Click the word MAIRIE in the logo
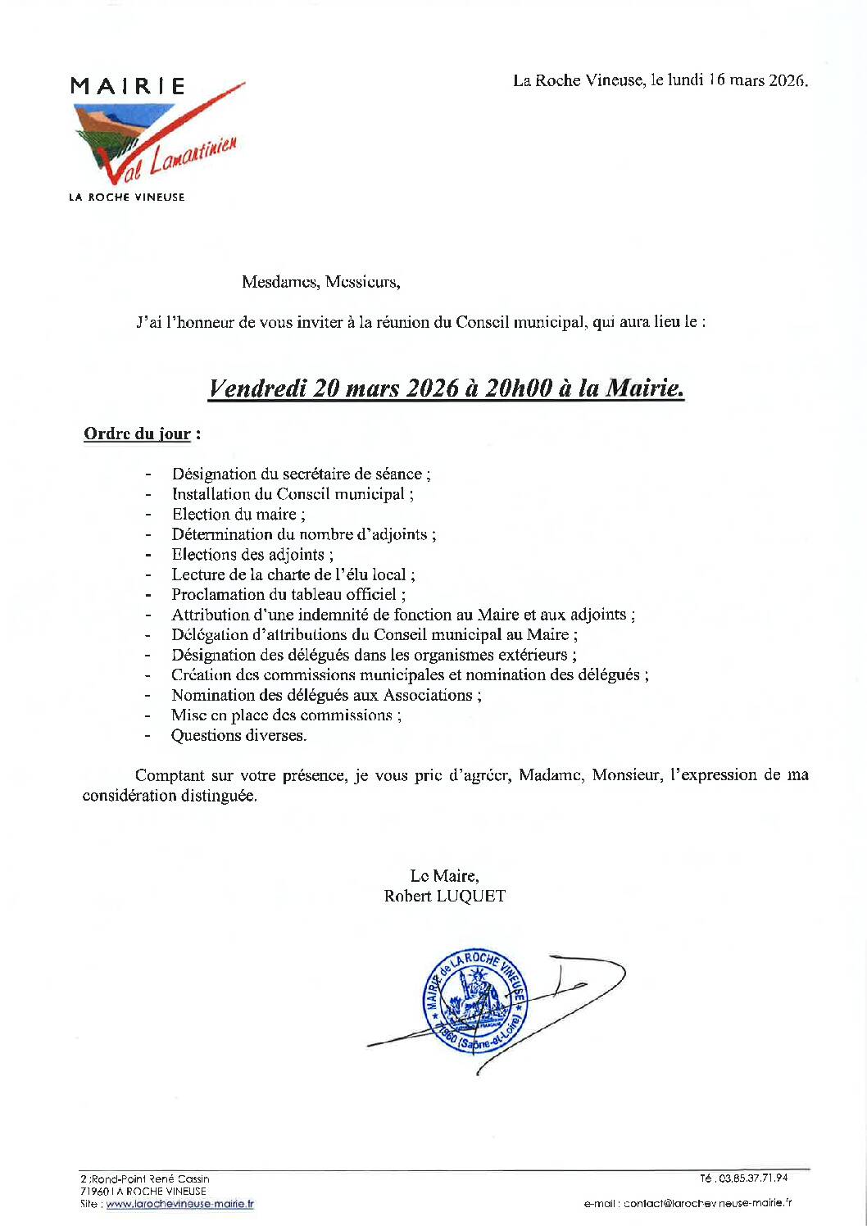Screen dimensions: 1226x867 pos(128,86)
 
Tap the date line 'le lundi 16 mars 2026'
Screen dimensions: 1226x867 pos(729,80)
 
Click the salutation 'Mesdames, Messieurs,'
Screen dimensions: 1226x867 pos(320,282)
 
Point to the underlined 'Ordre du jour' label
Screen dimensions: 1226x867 pos(137,434)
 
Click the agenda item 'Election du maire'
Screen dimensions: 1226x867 pos(238,514)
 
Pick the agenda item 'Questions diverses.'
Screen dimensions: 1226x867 pos(238,735)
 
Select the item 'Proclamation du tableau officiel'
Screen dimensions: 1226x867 pos(288,594)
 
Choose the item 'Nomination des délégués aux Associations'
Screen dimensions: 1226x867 pos(325,695)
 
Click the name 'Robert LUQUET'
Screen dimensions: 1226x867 pos(445,896)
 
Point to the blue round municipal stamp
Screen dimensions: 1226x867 pos(474,1001)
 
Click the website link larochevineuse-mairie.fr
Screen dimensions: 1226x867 pos(179,1204)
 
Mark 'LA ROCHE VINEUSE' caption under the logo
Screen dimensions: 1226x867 pos(127,198)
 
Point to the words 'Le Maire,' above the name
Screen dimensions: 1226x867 pos(444,876)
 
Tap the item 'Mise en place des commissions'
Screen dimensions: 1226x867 pos(285,715)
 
